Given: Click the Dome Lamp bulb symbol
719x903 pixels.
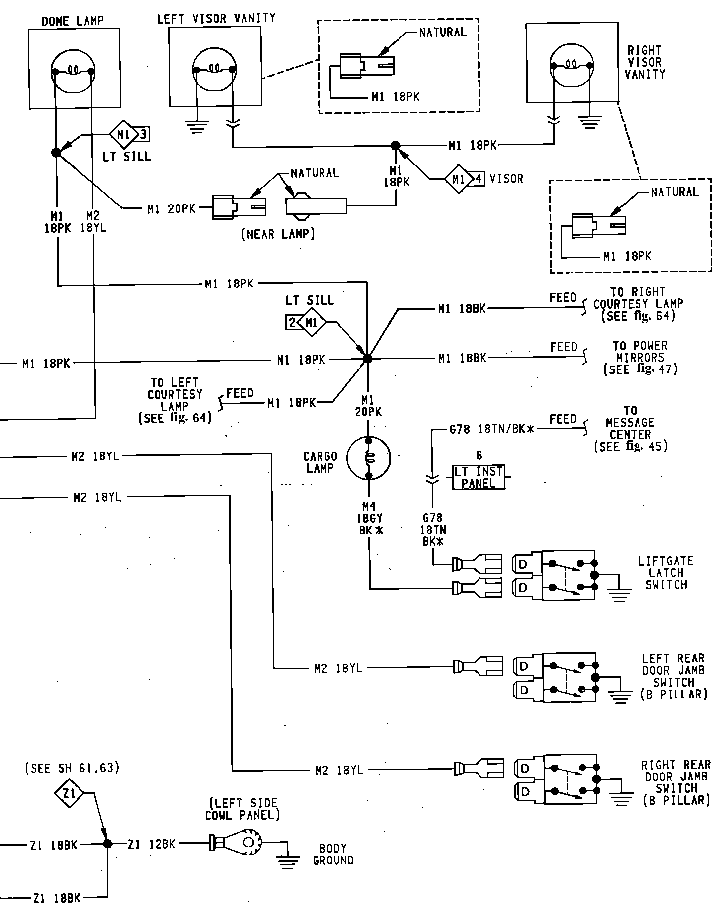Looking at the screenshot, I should (x=73, y=72).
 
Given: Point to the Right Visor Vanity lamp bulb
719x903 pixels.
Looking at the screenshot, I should (x=571, y=65).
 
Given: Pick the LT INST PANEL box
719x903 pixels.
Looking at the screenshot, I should (x=479, y=477).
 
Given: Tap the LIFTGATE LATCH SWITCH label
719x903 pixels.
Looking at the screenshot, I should (x=666, y=573).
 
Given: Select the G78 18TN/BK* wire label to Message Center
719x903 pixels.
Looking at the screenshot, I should (x=492, y=429).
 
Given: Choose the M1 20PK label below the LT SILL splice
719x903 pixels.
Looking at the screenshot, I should (x=368, y=406).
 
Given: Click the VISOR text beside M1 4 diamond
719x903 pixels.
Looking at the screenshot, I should (x=506, y=178).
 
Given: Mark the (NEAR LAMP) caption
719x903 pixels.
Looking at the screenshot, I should (x=278, y=234).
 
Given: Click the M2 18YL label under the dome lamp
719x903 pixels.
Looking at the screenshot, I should (x=93, y=222).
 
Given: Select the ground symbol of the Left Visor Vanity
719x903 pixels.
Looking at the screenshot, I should (x=198, y=125).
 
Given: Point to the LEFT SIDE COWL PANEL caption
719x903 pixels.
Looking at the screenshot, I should (x=242, y=809).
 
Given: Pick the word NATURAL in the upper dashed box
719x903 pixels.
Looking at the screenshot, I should (x=442, y=32).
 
